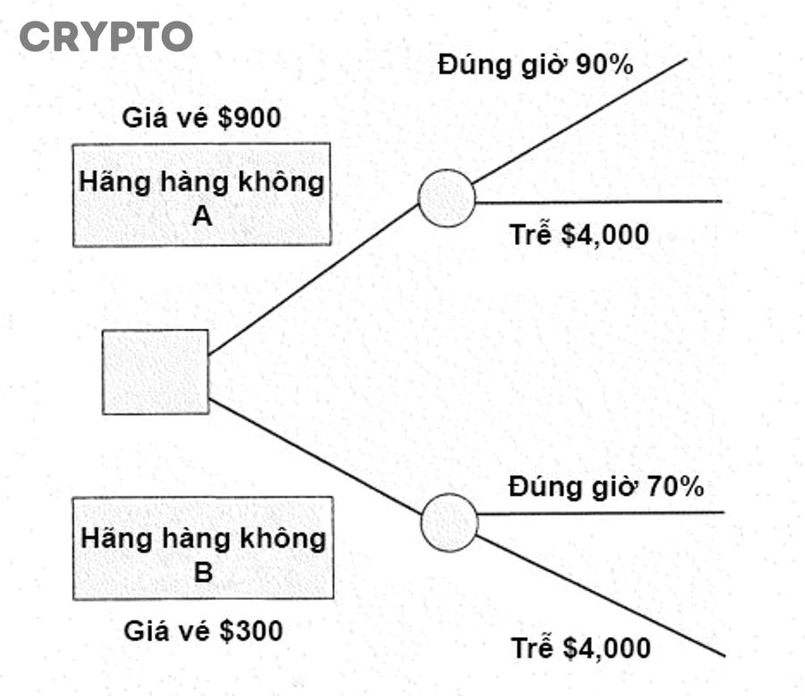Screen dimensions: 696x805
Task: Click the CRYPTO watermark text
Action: pyautogui.click(x=106, y=38)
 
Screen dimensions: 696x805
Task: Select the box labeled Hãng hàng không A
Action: pyautogui.click(x=202, y=194)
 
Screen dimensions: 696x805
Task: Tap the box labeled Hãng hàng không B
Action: pyautogui.click(x=203, y=548)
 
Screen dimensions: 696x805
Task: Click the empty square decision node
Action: pyautogui.click(x=156, y=372)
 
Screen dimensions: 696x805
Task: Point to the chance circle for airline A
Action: pyautogui.click(x=446, y=197)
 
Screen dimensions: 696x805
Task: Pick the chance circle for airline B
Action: pyautogui.click(x=449, y=523)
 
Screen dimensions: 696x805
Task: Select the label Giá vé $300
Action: pyautogui.click(x=203, y=631)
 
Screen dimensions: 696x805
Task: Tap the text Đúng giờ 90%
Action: pyautogui.click(x=536, y=65)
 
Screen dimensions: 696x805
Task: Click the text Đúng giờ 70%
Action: pyautogui.click(x=606, y=487)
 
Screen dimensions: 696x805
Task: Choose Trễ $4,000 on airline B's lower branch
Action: pyautogui.click(x=580, y=648)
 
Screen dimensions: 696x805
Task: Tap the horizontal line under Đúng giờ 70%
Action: pyautogui.click(x=599, y=514)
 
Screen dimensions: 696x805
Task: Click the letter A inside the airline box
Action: pyautogui.click(x=202, y=214)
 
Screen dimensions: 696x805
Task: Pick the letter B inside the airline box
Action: pyautogui.click(x=203, y=572)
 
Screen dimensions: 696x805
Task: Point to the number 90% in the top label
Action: pyautogui.click(x=606, y=65)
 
